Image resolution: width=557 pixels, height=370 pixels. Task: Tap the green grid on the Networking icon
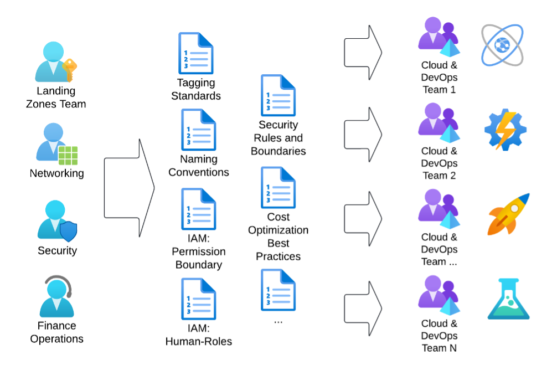(x=68, y=155)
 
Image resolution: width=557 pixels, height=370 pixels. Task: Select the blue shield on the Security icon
(x=68, y=231)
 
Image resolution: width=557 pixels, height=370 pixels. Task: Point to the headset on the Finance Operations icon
(x=58, y=285)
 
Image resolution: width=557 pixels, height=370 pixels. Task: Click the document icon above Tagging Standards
(x=195, y=54)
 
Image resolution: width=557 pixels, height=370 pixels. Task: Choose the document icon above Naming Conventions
(x=198, y=130)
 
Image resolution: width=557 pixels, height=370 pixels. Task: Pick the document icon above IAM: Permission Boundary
(x=198, y=209)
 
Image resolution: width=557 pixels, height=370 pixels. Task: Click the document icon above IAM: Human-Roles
(x=198, y=299)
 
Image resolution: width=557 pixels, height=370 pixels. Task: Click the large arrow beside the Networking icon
(x=129, y=188)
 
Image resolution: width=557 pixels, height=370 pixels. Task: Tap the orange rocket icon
(x=508, y=214)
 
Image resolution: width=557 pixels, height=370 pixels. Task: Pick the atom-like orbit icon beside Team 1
(x=502, y=45)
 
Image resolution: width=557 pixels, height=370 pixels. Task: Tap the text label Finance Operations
(x=57, y=332)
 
